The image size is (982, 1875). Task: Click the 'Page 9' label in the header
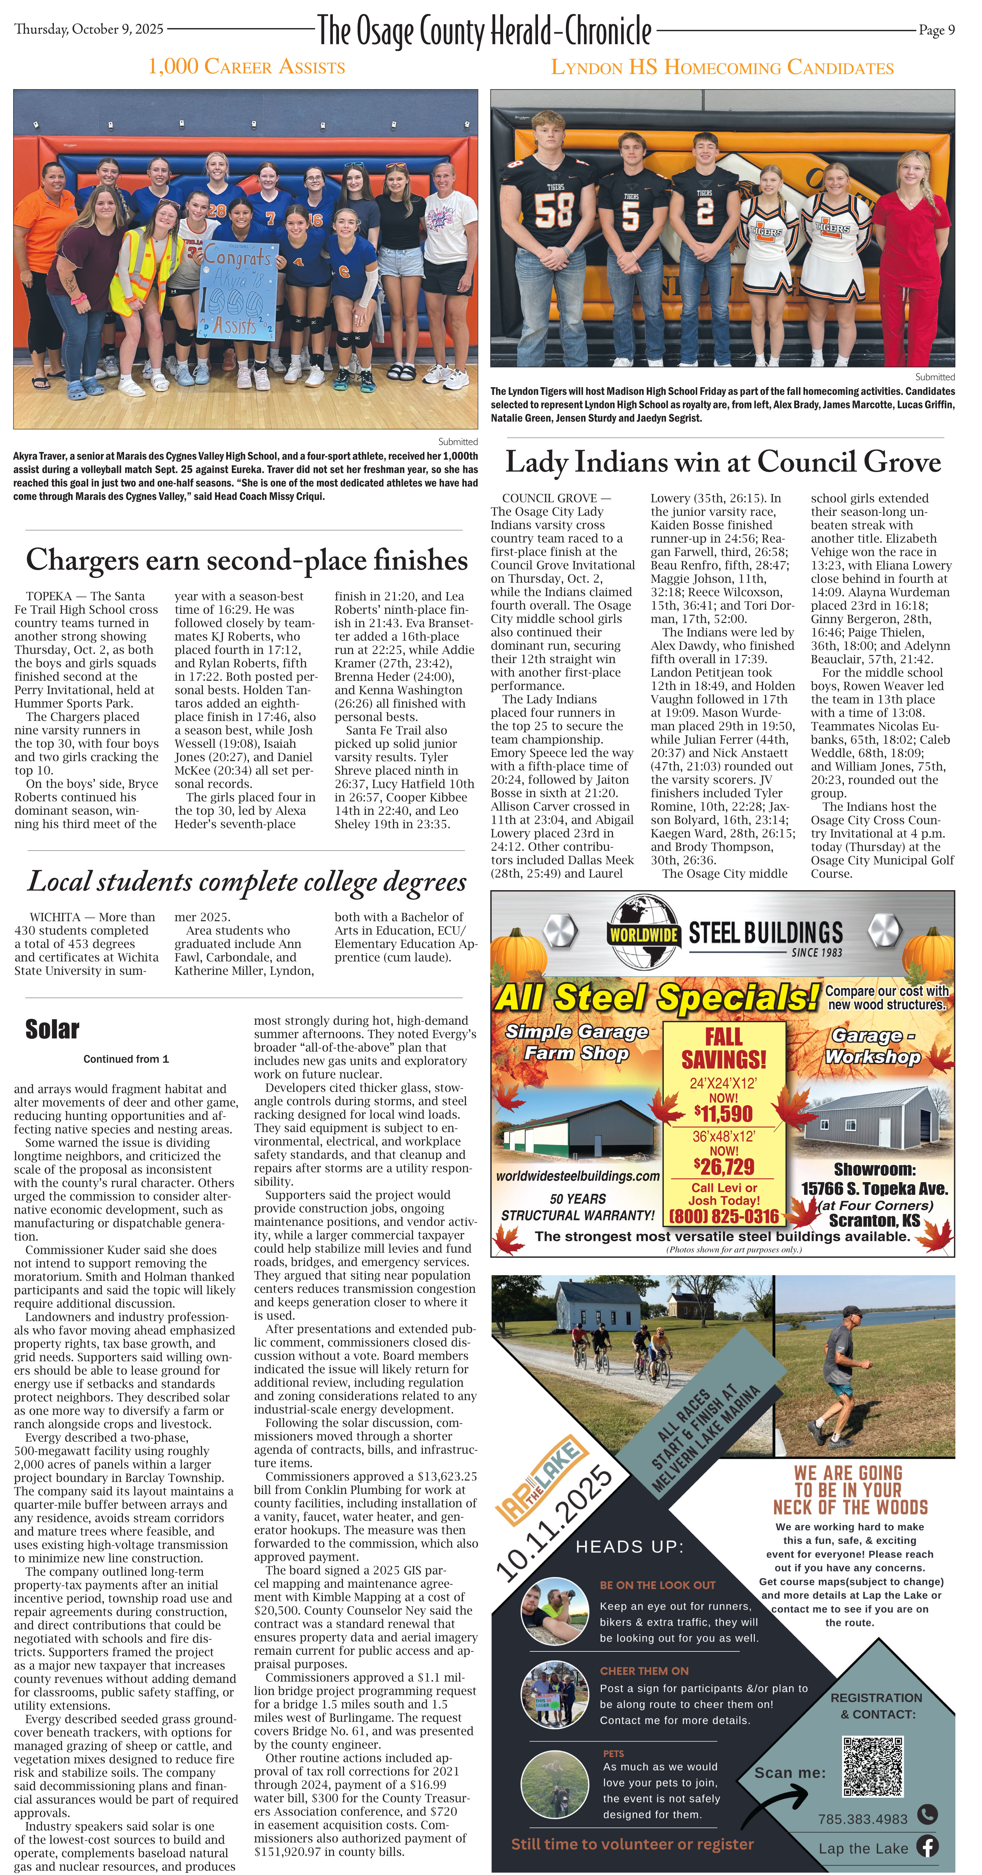click(x=936, y=30)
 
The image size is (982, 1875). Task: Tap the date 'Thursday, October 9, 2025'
click(x=89, y=29)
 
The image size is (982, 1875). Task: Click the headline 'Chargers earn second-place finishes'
click(x=246, y=560)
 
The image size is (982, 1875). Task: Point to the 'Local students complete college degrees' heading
click(x=246, y=882)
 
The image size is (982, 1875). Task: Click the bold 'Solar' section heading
click(x=52, y=1029)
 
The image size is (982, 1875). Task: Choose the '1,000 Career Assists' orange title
click(x=246, y=67)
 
